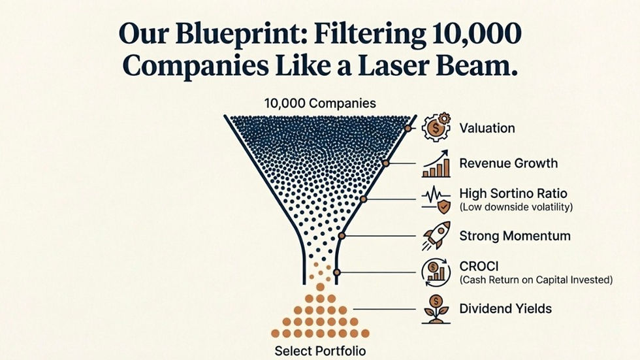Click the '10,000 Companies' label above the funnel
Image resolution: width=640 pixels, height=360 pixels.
tap(320, 103)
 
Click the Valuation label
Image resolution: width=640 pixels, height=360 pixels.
tap(487, 128)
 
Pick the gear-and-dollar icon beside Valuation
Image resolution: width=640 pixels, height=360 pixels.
tap(436, 128)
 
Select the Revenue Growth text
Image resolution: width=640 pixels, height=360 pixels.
tap(508, 163)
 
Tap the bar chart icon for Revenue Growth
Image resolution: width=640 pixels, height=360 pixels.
tap(436, 164)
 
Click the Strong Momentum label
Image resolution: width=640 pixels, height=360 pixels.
tap(515, 236)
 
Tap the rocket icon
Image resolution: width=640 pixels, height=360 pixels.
tap(436, 236)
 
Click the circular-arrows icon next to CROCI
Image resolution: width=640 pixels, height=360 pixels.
tap(436, 272)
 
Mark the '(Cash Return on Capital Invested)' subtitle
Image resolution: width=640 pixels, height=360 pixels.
tap(536, 280)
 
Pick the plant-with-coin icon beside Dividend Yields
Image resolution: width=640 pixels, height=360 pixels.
tap(436, 308)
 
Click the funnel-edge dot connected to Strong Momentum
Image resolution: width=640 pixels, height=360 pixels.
tap(342, 235)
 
